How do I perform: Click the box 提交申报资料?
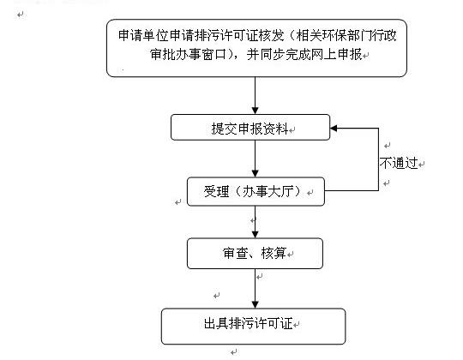pos(250,129)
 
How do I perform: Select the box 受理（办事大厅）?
pos(256,191)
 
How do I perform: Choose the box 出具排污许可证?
pos(253,324)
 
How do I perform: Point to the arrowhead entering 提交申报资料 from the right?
pos(336,129)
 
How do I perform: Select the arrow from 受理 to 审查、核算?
pos(254,221)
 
